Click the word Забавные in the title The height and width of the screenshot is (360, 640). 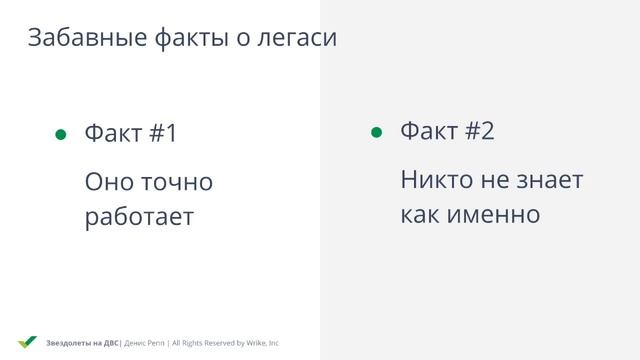click(86, 39)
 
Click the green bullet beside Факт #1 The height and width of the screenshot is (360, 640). click(60, 135)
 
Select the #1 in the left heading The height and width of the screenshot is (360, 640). click(162, 133)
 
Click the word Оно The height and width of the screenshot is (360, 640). click(108, 183)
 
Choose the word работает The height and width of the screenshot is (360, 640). click(139, 217)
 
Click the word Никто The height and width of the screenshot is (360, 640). click(438, 181)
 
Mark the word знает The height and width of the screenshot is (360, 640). click(549, 181)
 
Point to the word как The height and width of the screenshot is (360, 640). click(420, 214)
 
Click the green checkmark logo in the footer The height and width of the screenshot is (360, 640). click(27, 342)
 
